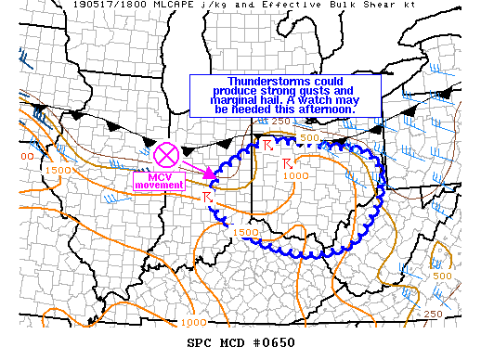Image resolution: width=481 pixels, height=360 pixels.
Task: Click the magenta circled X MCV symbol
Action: [x=166, y=155]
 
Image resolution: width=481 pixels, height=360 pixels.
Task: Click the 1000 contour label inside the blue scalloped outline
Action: [x=296, y=176]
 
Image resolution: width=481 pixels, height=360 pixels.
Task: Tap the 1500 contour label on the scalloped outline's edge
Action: [x=245, y=232]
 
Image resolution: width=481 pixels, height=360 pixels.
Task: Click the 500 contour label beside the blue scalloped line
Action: [x=308, y=138]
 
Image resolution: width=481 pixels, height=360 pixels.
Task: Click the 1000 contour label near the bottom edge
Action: [x=194, y=322]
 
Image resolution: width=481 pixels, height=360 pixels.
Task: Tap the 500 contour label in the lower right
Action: [x=443, y=276]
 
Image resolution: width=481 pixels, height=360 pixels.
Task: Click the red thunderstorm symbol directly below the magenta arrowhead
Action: [x=207, y=198]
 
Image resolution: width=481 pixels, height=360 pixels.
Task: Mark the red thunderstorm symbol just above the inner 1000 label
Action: [x=286, y=163]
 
